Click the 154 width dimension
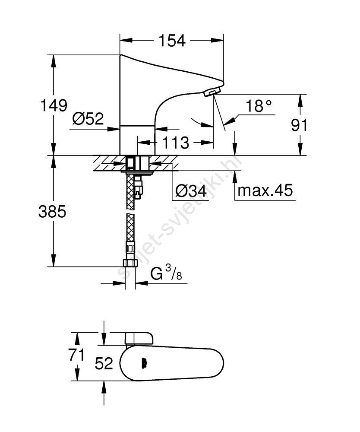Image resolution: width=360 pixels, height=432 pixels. [172, 41]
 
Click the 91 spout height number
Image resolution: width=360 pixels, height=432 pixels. [299, 125]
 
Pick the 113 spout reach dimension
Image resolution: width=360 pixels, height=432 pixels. [176, 142]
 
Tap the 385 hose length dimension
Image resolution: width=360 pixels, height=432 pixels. [53, 212]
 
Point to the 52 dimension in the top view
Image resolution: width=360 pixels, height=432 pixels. [104, 363]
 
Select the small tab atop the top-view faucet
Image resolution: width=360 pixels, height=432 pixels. [139, 338]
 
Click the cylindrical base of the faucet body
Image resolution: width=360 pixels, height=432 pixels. [137, 140]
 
